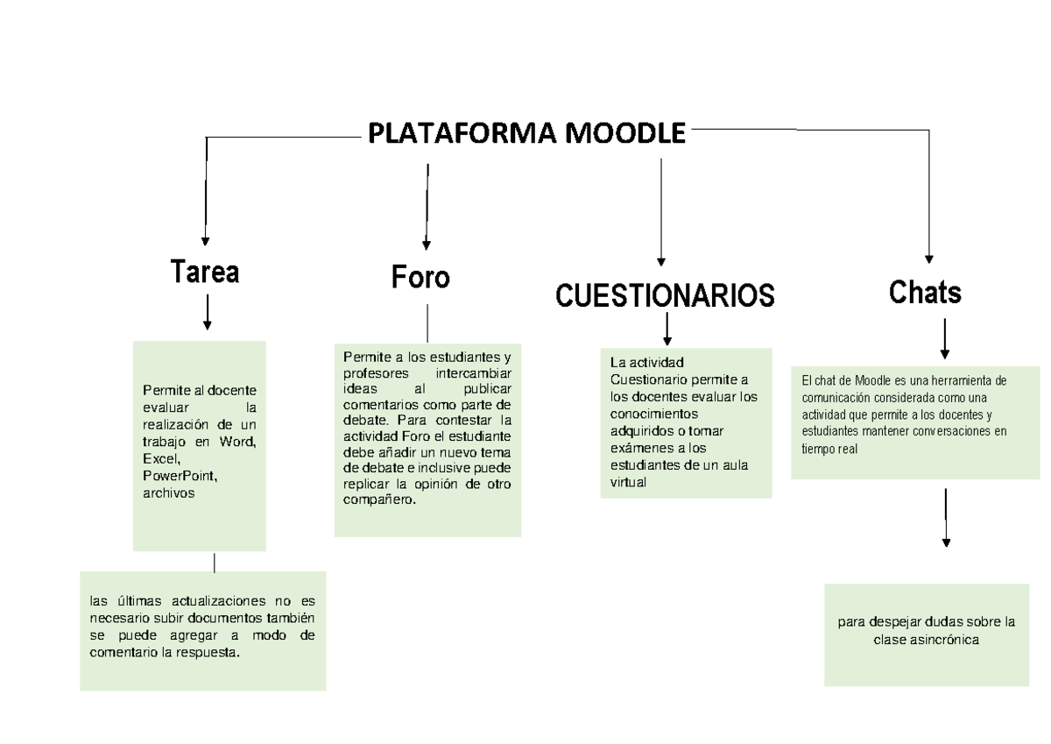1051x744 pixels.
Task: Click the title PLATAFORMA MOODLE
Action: [526, 134]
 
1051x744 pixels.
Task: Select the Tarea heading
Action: [205, 273]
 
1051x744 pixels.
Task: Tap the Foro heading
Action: [420, 278]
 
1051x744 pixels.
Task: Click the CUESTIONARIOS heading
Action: [665, 295]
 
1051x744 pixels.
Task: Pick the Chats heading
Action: [925, 292]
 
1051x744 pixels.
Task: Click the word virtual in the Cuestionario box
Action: [627, 482]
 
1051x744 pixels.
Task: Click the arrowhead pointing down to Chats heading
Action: [929, 259]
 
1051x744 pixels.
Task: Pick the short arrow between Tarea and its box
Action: [207, 313]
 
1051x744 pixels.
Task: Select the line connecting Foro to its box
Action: [427, 322]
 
